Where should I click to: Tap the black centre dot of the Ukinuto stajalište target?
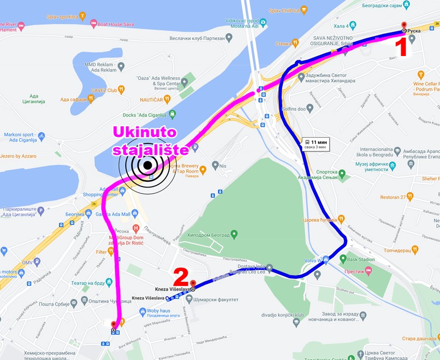click(148, 165)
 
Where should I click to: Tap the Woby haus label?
click(150, 311)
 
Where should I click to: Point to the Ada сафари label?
click(73, 99)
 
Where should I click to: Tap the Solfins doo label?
click(296, 108)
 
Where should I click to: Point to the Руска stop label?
click(414, 31)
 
